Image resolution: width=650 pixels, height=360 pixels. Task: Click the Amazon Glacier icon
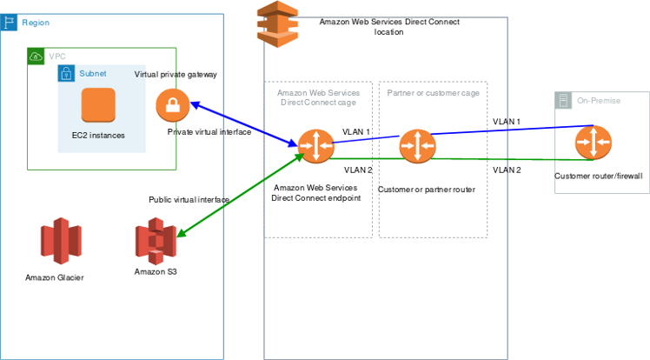coord(60,242)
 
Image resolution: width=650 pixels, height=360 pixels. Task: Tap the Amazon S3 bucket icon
coord(156,242)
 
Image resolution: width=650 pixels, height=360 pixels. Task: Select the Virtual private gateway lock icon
coord(173,106)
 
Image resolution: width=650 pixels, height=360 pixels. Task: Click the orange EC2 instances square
coord(98,106)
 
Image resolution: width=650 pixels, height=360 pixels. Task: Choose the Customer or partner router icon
coord(417,145)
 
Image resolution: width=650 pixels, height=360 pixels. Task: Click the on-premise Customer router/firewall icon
coord(593,143)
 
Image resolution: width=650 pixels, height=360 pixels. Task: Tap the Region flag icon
coord(9,22)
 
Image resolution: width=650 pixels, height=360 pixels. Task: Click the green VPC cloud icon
coord(36,57)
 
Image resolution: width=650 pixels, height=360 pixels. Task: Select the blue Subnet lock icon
coord(66,73)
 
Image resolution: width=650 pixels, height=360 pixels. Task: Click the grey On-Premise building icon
coord(564,101)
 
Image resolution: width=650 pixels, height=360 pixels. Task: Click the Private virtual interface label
coord(209,132)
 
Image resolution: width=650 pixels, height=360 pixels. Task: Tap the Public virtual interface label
coord(189,199)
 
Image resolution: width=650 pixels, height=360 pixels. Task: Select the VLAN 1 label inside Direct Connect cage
coord(356,132)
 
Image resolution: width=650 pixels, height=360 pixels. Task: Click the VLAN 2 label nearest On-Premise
coord(507,170)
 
